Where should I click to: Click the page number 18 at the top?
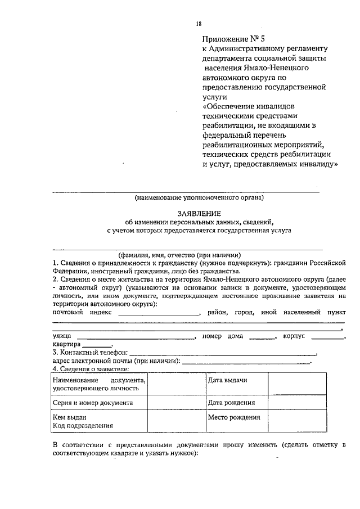tap(198, 23)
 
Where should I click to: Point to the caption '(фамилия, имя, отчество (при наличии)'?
tap(179, 254)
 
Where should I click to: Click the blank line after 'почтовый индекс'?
tap(159, 313)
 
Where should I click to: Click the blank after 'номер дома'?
tap(262, 337)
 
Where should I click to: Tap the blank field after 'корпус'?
tap(328, 337)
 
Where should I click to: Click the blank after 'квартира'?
tap(97, 345)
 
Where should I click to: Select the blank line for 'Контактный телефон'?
tap(222, 353)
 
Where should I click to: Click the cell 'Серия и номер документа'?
tap(93, 403)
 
